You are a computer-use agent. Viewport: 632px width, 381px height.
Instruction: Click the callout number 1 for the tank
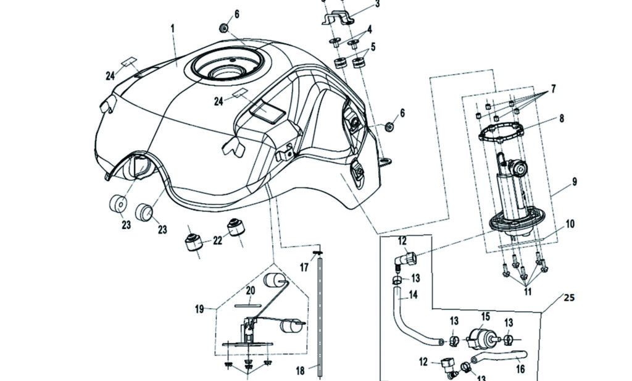point(173,28)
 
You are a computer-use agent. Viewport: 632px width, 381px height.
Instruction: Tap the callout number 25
point(568,298)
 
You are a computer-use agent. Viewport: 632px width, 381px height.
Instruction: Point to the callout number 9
point(574,182)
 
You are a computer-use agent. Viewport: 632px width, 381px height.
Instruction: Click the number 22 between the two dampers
point(217,241)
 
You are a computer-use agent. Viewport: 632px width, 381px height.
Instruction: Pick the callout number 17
point(304,267)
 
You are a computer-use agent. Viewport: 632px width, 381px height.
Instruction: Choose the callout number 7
point(553,89)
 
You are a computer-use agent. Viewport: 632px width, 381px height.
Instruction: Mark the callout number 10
point(569,223)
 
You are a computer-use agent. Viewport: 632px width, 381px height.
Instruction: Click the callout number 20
point(251,290)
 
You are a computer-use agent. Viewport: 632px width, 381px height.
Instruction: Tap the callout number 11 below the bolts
point(527,292)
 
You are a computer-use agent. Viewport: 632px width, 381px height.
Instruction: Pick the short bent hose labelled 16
point(500,356)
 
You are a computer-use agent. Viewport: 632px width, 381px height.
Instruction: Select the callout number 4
point(369,29)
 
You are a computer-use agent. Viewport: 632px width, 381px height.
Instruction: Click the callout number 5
point(373,46)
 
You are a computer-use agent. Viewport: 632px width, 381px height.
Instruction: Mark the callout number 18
point(300,371)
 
